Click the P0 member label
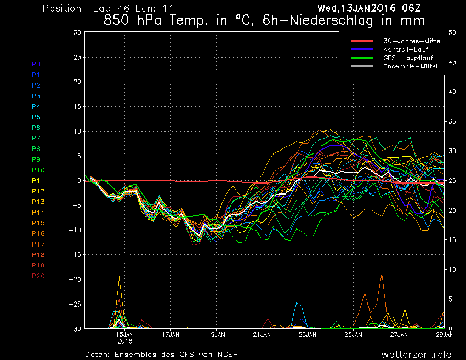pyautogui.click(x=36, y=64)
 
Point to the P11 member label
pyautogui.click(x=37, y=180)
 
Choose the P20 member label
pyautogui.click(x=38, y=276)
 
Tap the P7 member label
pyautogui.click(x=36, y=138)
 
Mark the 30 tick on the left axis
pyautogui.click(x=77, y=33)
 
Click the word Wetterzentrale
pyautogui.click(x=416, y=354)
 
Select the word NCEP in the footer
pyautogui.click(x=226, y=354)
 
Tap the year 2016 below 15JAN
pyautogui.click(x=125, y=340)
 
